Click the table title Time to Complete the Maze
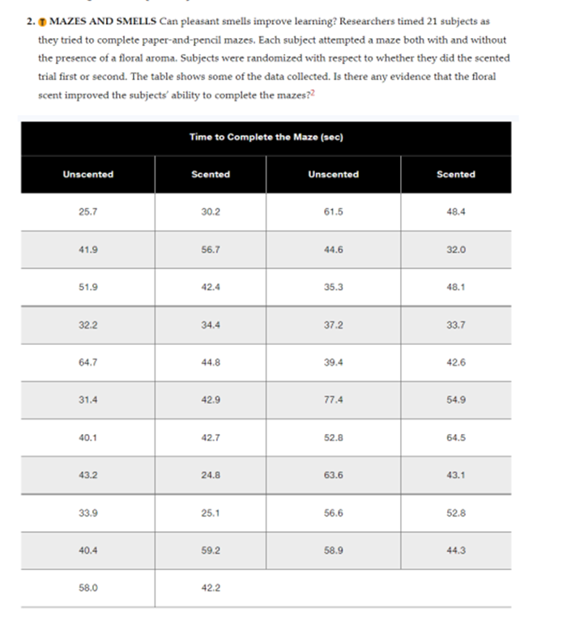tap(266, 137)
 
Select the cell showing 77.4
tap(333, 400)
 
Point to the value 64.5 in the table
tap(455, 438)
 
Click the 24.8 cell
tap(210, 475)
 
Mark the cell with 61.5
tap(333, 211)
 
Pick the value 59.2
tap(210, 551)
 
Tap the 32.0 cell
tap(455, 249)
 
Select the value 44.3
tap(455, 551)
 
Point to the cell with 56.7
tap(210, 249)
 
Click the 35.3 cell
tap(333, 287)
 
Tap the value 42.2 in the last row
tap(210, 589)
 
